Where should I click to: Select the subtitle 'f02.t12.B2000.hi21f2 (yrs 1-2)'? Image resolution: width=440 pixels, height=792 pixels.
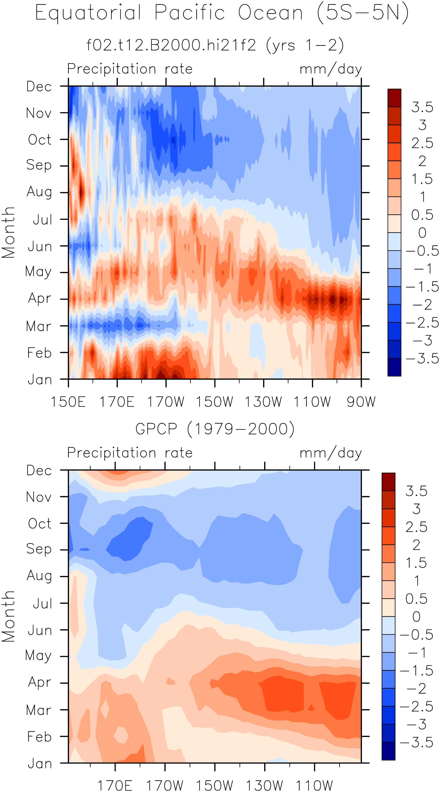click(215, 45)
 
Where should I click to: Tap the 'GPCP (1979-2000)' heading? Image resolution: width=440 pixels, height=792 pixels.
click(215, 429)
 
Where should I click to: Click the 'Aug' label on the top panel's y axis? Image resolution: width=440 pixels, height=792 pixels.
click(39, 192)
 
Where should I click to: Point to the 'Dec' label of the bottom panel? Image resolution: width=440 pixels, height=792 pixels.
click(39, 470)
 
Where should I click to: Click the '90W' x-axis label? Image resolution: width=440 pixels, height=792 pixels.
click(361, 402)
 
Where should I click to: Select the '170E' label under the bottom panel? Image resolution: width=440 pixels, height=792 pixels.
click(115, 785)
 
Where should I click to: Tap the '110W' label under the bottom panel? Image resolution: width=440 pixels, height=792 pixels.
click(314, 785)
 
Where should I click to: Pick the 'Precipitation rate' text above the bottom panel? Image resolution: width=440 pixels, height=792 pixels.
click(130, 453)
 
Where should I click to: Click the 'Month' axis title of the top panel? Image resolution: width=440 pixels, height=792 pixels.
click(8, 232)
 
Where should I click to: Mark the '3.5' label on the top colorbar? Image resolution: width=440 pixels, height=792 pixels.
click(422, 107)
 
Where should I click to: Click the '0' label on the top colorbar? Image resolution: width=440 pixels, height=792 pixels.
click(422, 233)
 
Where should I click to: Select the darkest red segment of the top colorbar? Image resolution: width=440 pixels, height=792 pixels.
click(394, 98)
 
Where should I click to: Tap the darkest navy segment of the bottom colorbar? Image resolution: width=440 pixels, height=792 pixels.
click(388, 751)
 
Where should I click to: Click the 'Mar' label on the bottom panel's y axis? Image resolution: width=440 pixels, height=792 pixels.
click(39, 710)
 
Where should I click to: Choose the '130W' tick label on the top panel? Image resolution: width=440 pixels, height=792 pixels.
click(263, 402)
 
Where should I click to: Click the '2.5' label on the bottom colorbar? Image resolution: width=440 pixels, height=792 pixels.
click(416, 527)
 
